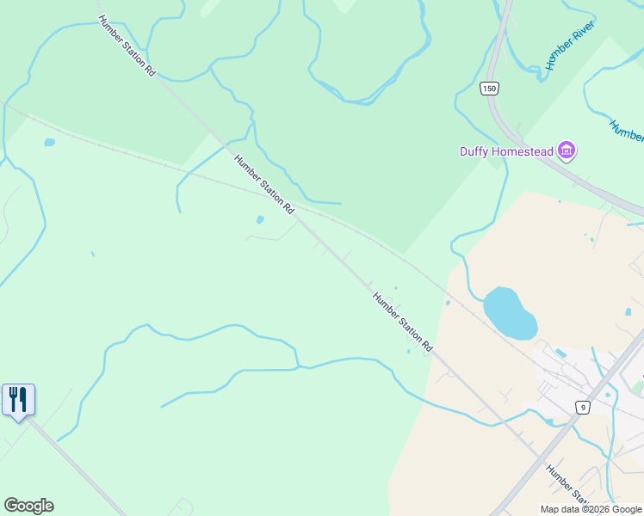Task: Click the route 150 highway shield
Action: (490, 89)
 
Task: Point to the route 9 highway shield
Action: (584, 407)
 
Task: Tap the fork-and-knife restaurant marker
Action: (18, 399)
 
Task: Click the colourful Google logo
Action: (28, 506)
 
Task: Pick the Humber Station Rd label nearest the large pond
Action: (402, 322)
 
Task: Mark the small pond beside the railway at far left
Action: (49, 142)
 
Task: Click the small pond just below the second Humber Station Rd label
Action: (260, 219)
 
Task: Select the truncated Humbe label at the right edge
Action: (627, 130)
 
